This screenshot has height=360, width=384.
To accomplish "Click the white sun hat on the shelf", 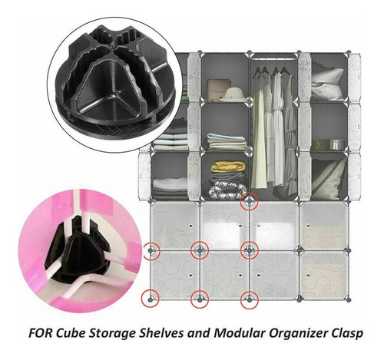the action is (x=233, y=95).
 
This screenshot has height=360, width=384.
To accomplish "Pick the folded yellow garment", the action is (x=228, y=167).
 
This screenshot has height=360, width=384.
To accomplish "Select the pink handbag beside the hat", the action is (x=217, y=90).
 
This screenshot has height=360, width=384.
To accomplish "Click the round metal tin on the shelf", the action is (x=336, y=144).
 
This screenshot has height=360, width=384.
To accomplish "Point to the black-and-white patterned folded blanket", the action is (x=227, y=190).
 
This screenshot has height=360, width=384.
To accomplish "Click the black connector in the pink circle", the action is (x=78, y=253).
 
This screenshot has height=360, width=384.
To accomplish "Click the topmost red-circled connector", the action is (x=249, y=202).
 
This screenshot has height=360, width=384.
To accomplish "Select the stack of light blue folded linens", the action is (x=227, y=141).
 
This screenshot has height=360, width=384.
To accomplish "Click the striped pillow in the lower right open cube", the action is (x=329, y=179).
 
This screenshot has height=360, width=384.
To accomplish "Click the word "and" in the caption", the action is (x=199, y=334).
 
